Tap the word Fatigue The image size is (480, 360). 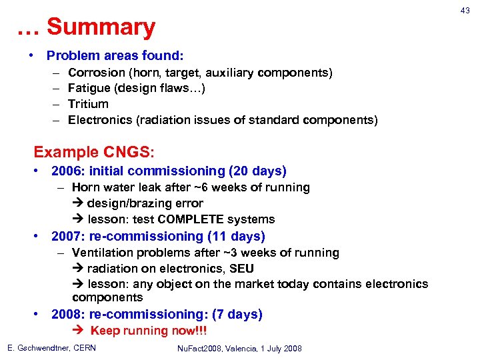pyautogui.click(x=91, y=88)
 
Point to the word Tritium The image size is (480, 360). pyautogui.click(x=88, y=104)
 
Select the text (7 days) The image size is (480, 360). pyautogui.click(x=237, y=314)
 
